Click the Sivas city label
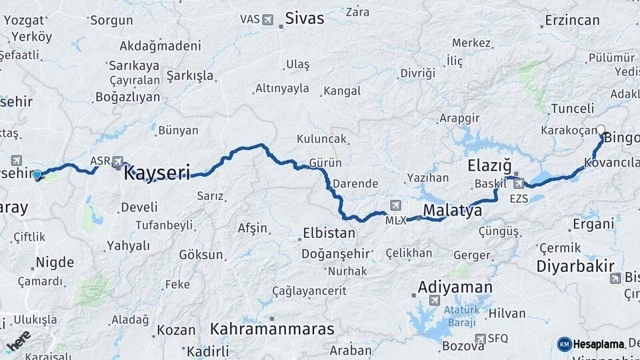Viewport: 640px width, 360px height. point(305,18)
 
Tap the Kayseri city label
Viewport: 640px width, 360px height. point(157,173)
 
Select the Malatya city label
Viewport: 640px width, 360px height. point(452,211)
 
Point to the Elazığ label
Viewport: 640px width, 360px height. point(489,164)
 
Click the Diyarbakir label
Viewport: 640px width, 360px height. point(575,265)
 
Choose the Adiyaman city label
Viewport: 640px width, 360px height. point(455,287)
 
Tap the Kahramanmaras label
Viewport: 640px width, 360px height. point(271,328)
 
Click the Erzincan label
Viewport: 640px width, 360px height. point(572,20)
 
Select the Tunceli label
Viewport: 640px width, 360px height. point(572,108)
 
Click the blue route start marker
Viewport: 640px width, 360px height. point(37,175)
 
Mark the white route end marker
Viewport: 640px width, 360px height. point(601,130)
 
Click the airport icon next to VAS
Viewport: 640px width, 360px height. point(268,19)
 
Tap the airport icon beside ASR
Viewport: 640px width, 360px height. point(118,161)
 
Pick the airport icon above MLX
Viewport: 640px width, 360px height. point(397,205)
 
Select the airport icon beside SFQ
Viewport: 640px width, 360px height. point(479,339)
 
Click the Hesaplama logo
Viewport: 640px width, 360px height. point(591,344)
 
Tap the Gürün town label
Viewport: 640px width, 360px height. point(325,163)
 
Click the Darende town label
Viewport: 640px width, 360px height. point(355,183)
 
